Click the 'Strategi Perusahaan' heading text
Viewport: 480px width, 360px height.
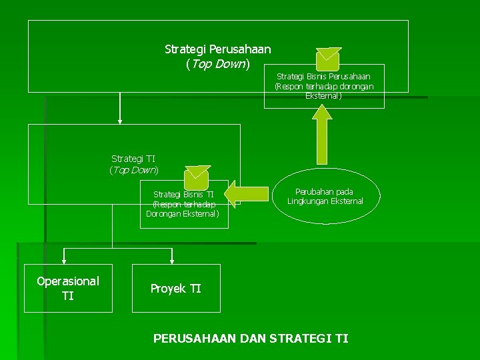click(x=217, y=49)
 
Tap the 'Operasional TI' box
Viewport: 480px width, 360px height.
click(x=68, y=288)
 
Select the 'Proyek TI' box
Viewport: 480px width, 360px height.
click(x=176, y=288)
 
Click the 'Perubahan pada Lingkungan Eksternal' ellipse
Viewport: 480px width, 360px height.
click(x=325, y=197)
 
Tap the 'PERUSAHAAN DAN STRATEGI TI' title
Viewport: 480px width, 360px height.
click(x=251, y=339)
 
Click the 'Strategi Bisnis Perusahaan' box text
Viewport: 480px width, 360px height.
click(x=324, y=86)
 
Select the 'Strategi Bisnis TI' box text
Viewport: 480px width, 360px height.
click(x=183, y=204)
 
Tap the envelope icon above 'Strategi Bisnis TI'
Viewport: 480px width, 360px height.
click(x=197, y=176)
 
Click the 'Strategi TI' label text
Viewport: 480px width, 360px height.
click(x=133, y=159)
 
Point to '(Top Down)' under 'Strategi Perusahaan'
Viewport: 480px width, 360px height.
click(x=217, y=64)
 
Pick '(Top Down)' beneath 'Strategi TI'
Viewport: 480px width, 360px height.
click(x=133, y=170)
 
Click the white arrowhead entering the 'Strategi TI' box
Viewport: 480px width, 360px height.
click(x=120, y=121)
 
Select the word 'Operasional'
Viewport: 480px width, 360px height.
click(x=68, y=281)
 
